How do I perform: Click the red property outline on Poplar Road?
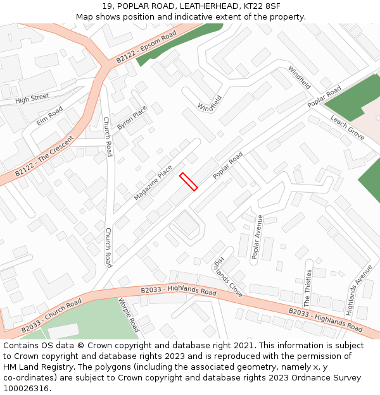tap(189, 181)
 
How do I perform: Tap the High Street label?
tap(32, 99)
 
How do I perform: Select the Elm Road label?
tap(49, 116)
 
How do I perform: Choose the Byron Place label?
tap(132, 118)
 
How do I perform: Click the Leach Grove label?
tap(347, 128)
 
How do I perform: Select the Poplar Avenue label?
tap(257, 237)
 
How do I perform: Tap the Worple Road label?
tap(129, 315)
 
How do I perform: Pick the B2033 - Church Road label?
tap(51, 315)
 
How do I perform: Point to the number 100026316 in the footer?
tap(27, 388)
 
